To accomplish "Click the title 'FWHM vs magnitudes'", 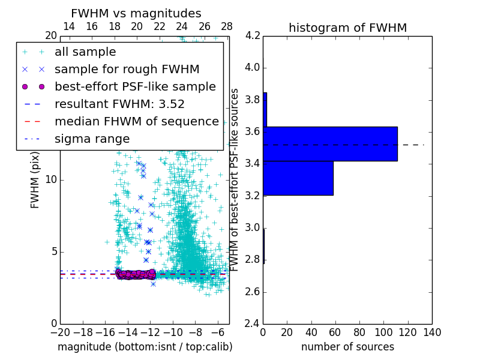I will coord(136,13).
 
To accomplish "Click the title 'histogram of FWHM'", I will coord(347,28).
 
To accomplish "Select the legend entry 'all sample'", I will coord(85,52).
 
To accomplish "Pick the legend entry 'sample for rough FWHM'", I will coord(127,69).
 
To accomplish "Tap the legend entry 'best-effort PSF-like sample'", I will coord(135,86).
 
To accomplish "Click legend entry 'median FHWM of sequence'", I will coord(136,121).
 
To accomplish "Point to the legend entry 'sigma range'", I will coord(92,139).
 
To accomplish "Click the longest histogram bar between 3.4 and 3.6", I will coord(330,144).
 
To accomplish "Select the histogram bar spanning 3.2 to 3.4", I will coord(298,178).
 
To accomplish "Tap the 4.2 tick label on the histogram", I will coord(253,36).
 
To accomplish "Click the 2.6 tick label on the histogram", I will coord(253,292).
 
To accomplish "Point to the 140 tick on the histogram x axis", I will coord(431,332).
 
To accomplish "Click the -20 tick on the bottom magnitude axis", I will coord(60,332).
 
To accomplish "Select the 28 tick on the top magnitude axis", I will coord(227,26).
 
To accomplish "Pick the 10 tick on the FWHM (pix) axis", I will coord(52,179).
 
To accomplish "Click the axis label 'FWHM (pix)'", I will coord(35,179).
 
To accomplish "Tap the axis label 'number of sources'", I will coord(347,347).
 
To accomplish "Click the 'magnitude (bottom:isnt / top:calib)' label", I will coord(145,347).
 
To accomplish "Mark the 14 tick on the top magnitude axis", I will coord(69,26).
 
